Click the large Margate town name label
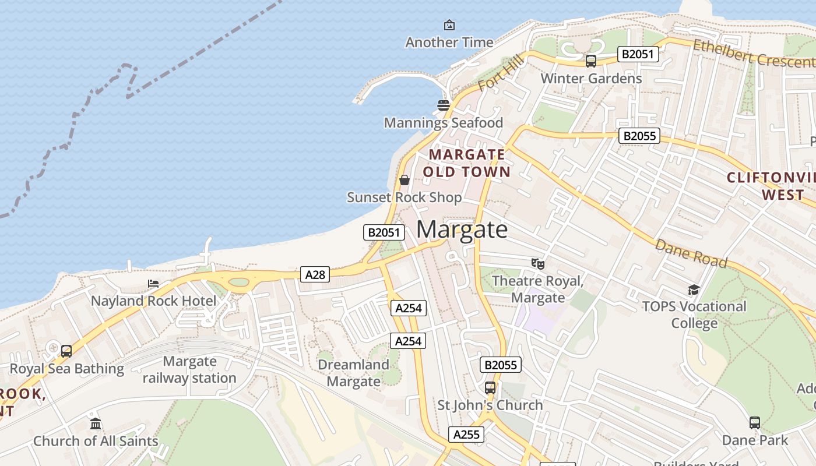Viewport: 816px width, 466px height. [462, 230]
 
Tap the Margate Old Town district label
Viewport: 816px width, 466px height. [466, 163]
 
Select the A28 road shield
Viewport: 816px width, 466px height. [315, 274]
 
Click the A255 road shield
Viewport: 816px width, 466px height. [466, 434]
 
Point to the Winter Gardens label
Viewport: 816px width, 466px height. [591, 78]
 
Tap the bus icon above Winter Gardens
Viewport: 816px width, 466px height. [591, 61]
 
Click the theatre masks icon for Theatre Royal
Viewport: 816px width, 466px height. [537, 264]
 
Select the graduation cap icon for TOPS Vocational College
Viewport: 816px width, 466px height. [694, 290]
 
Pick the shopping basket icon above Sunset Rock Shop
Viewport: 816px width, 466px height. [404, 180]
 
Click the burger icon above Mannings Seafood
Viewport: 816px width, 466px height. [444, 105]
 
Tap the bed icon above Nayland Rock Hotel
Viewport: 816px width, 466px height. [153, 284]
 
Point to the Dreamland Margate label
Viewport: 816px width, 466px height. [353, 373]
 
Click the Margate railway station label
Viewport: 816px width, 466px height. [189, 369]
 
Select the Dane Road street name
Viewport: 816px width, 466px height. [691, 253]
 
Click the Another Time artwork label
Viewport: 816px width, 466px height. [449, 42]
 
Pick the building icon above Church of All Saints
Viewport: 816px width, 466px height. [96, 423]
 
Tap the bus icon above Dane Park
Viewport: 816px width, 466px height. [755, 422]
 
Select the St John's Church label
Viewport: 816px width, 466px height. [490, 405]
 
